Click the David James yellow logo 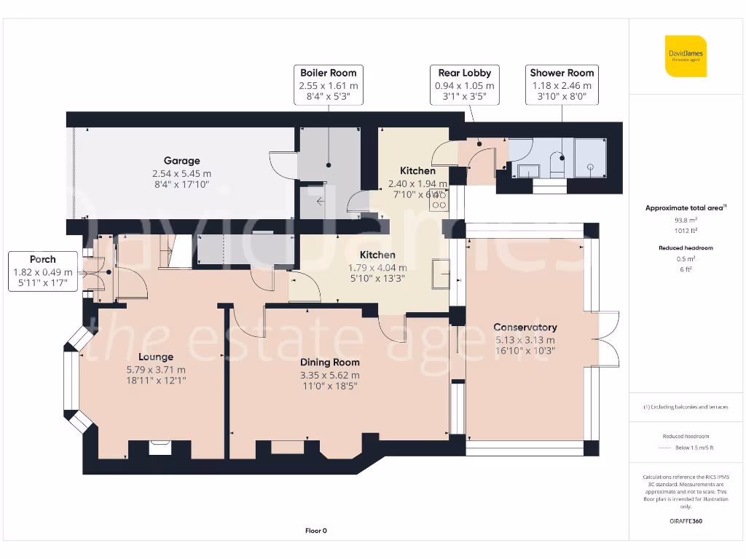click(x=686, y=56)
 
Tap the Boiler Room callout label click(x=328, y=85)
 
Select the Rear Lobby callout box click(x=464, y=85)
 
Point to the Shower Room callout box click(x=562, y=85)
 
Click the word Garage click(x=181, y=161)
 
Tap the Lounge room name click(x=156, y=357)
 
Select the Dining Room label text click(x=329, y=362)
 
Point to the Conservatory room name click(x=525, y=328)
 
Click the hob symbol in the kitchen click(x=439, y=199)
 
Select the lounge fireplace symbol click(x=158, y=448)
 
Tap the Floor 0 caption click(x=316, y=531)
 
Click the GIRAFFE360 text click(x=685, y=521)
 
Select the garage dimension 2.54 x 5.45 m click(x=181, y=173)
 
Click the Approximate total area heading click(x=685, y=208)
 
